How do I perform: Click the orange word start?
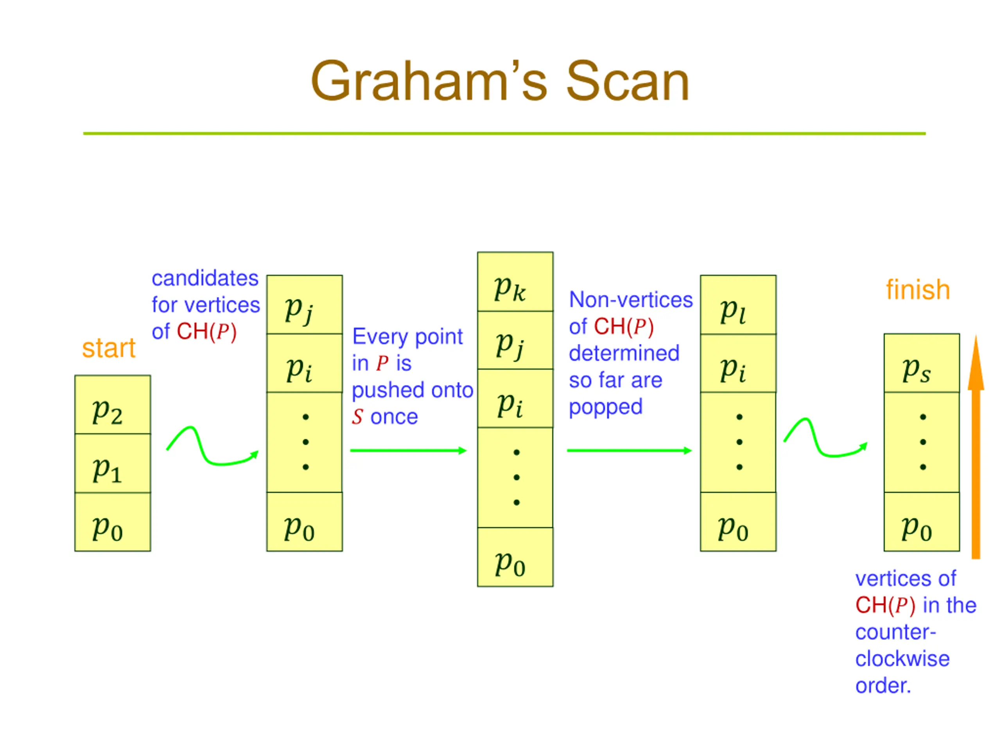click(x=109, y=348)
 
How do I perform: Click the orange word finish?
click(x=918, y=289)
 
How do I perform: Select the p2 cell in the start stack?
click(x=113, y=404)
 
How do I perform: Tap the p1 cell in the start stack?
click(x=113, y=463)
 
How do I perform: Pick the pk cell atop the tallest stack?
click(x=515, y=282)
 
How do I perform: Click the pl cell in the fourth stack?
click(x=738, y=305)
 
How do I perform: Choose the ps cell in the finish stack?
click(x=922, y=363)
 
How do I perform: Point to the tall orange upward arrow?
click(x=976, y=447)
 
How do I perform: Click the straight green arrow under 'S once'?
click(x=408, y=451)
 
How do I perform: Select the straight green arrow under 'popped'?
click(x=630, y=451)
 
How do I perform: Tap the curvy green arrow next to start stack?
click(x=213, y=446)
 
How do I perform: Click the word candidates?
click(x=205, y=278)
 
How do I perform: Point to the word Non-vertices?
click(x=631, y=300)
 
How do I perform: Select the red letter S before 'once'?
click(x=357, y=417)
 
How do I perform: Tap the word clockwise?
click(x=902, y=659)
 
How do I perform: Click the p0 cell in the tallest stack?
click(x=515, y=557)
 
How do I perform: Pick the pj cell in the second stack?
click(x=305, y=305)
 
